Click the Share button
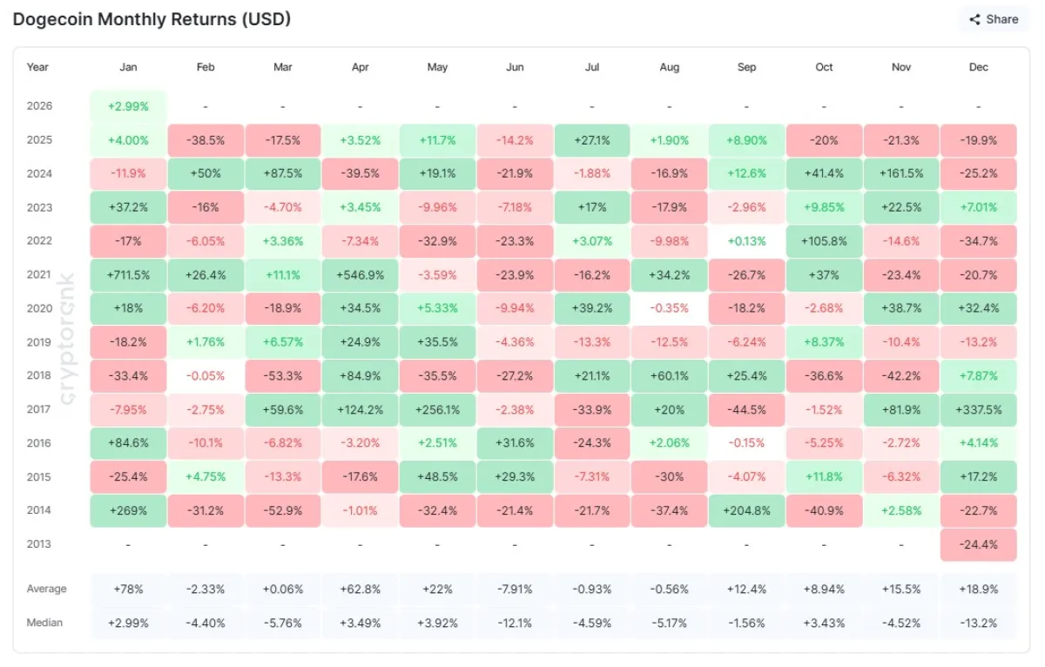click(x=994, y=19)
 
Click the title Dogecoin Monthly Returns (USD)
click(x=152, y=18)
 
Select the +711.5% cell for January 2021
click(x=128, y=275)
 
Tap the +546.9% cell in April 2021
click(x=360, y=275)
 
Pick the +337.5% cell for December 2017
click(x=978, y=409)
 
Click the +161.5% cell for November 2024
click(x=901, y=173)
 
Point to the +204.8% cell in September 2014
click(x=746, y=510)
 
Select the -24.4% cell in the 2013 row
click(x=978, y=544)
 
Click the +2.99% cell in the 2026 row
click(x=128, y=106)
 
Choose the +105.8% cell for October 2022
click(x=824, y=241)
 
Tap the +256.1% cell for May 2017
click(x=437, y=409)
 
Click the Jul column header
click(x=591, y=67)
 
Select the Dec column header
click(x=978, y=67)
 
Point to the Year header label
click(x=37, y=67)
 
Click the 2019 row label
click(x=39, y=342)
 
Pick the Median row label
click(x=44, y=623)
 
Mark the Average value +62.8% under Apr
click(x=360, y=590)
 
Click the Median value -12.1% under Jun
click(x=515, y=623)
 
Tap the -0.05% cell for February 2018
click(x=206, y=376)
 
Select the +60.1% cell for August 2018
click(x=669, y=376)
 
